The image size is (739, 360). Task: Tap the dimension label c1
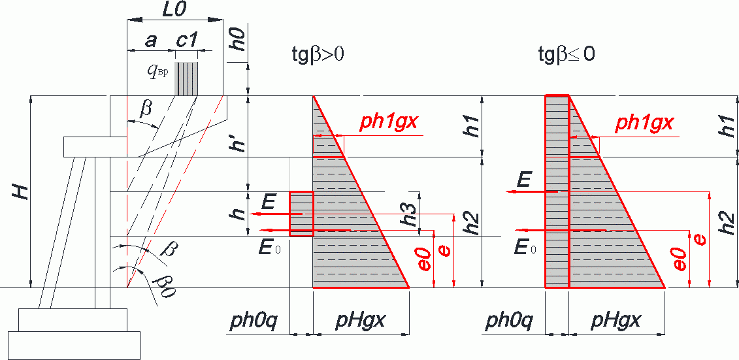[x=186, y=41]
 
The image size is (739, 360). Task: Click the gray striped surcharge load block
[x=186, y=78]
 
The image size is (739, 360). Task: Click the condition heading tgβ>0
[x=318, y=54]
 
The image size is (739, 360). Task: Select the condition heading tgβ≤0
[x=566, y=54]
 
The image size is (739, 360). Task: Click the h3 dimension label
[x=412, y=214]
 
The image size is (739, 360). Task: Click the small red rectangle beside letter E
[x=301, y=214]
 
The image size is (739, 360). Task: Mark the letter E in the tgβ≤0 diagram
[x=523, y=180]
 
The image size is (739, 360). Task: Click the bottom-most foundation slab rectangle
[x=74, y=346]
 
